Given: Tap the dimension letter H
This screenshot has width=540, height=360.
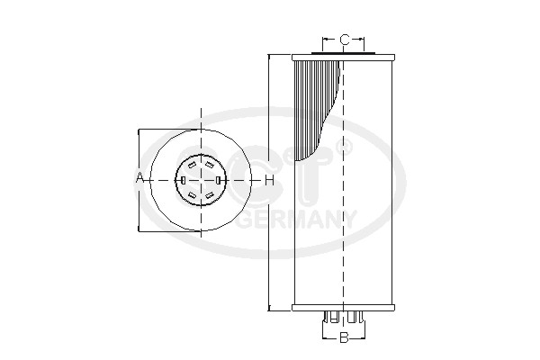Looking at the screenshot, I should point(268,180).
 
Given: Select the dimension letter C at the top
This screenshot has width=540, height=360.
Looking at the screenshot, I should point(344,39).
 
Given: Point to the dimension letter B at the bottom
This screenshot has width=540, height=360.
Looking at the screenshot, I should point(344,338).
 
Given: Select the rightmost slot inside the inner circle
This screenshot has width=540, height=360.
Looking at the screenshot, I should point(219,181).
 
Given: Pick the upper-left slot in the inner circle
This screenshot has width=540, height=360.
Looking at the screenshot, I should point(191,166).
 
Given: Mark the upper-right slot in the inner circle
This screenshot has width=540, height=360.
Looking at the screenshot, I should point(210,166).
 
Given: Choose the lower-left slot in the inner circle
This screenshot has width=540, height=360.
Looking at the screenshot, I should point(191,195).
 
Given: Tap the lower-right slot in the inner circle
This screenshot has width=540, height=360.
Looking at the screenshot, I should point(210,195).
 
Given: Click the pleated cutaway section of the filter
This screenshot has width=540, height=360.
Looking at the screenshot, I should point(319,108).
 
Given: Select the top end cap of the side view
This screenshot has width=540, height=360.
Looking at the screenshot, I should point(344,56).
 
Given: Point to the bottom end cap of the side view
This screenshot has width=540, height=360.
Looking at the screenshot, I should point(344,309).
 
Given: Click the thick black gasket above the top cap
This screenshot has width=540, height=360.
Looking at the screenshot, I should point(344,51).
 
